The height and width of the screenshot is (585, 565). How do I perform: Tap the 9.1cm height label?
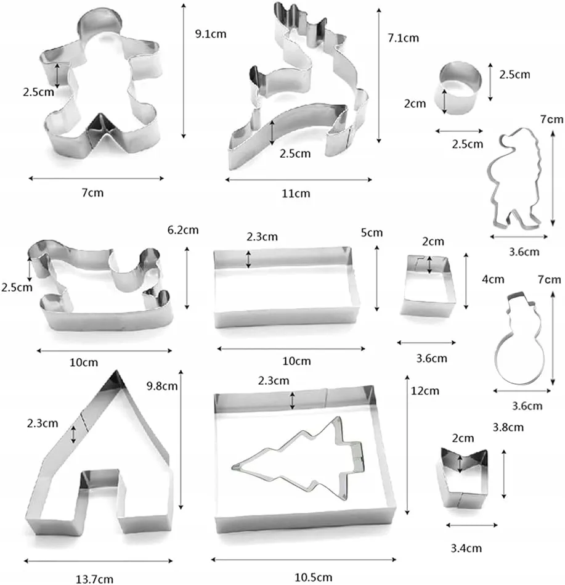[211, 34]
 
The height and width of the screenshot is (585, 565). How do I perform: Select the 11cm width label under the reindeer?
[296, 194]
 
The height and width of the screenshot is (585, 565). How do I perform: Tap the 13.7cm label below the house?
[94, 579]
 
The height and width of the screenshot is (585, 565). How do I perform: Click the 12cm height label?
[425, 391]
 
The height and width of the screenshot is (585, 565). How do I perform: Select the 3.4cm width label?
[466, 548]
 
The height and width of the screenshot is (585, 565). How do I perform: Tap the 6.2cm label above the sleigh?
[183, 230]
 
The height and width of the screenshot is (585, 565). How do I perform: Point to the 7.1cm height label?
[403, 38]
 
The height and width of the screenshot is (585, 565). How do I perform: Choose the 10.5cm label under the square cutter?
[313, 577]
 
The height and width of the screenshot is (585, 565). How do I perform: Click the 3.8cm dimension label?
[508, 427]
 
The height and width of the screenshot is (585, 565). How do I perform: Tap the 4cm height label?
[493, 279]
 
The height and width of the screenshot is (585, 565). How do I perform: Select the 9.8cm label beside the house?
[162, 386]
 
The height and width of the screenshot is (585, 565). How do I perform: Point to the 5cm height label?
[372, 232]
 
